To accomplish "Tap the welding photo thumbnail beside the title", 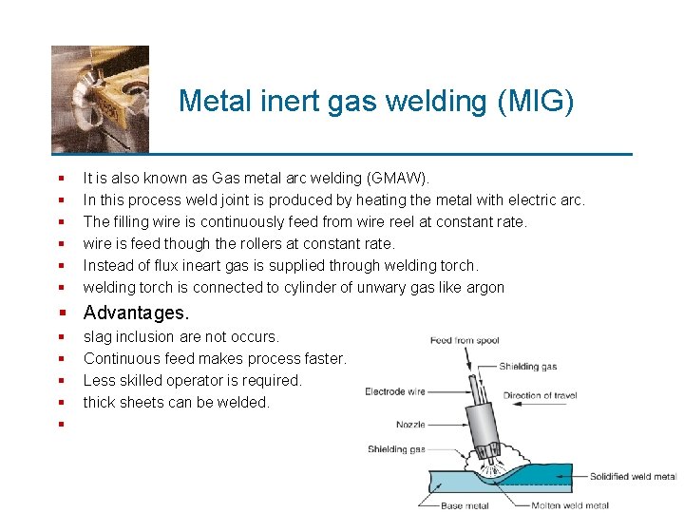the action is [x=100, y=99].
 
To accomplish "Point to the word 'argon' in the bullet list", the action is [x=484, y=287].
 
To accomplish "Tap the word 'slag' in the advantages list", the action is [x=99, y=336].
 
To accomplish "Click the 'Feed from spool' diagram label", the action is [x=465, y=340].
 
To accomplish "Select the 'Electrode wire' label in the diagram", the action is [x=395, y=391].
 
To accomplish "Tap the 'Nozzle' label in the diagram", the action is [x=410, y=425].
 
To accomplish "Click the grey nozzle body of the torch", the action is [x=484, y=427].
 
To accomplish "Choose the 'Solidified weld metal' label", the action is [x=633, y=477].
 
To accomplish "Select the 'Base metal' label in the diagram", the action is [x=465, y=505].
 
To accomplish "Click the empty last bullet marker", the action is [x=60, y=424].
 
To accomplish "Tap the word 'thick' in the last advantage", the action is [x=100, y=402].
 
